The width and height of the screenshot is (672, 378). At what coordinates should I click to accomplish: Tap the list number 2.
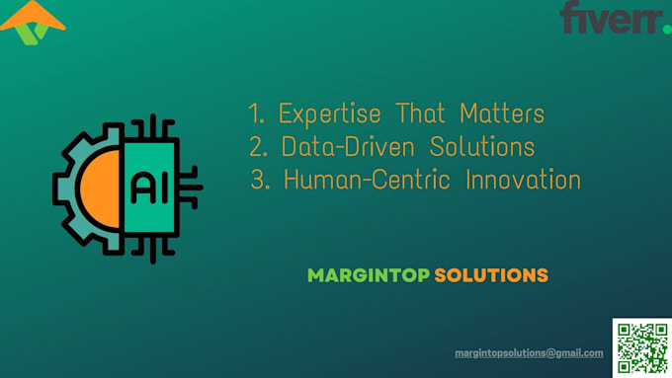coord(258,148)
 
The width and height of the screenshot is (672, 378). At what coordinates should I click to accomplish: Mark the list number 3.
coord(263,182)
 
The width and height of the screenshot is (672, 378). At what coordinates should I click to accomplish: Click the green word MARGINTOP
coord(369,275)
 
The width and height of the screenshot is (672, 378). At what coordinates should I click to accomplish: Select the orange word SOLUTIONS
coord(491,275)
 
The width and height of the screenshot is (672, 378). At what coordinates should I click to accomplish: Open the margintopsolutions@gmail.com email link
coord(529,353)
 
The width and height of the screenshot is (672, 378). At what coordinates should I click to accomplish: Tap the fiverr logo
coord(610,18)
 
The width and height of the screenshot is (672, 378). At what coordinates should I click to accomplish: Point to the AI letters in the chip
coord(143,186)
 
